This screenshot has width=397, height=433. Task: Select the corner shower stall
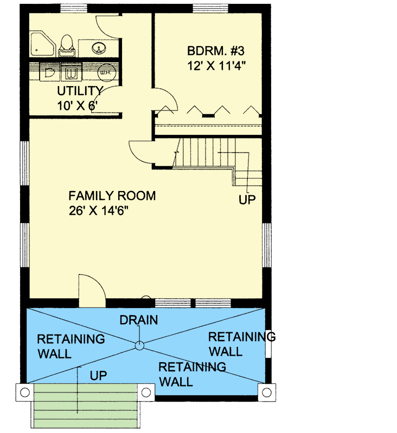click(x=42, y=43)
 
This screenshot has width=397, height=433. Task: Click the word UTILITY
click(x=80, y=90)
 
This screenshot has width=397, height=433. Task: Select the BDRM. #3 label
click(x=215, y=52)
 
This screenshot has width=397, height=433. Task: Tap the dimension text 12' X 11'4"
click(x=217, y=68)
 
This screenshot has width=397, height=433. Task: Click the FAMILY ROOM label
click(x=112, y=196)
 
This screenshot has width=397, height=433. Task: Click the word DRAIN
click(x=139, y=320)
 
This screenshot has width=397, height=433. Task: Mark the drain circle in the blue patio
click(x=139, y=345)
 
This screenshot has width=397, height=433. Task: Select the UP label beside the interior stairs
click(x=247, y=200)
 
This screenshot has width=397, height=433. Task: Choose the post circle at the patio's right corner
click(x=266, y=391)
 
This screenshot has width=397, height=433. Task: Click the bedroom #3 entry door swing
click(x=165, y=100)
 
